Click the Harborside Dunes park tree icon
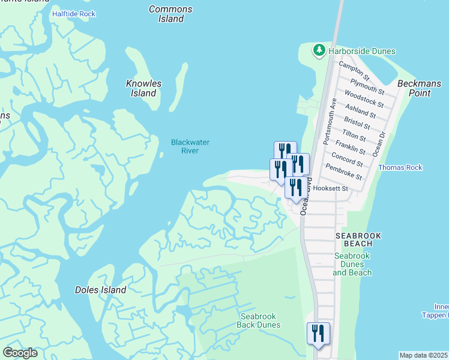tap(319, 50)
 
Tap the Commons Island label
tap(170, 14)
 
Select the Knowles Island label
tap(143, 88)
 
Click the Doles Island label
tap(100, 290)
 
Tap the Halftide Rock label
tap(74, 13)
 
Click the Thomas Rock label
tap(400, 168)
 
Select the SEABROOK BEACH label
tap(354, 239)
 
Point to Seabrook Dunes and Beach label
tap(352, 264)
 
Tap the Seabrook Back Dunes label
tap(259, 320)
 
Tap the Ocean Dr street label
tap(378, 145)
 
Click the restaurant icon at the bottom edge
tap(318, 334)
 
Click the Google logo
tap(20, 353)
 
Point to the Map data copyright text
tap(424, 355)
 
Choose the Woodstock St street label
tap(360, 98)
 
